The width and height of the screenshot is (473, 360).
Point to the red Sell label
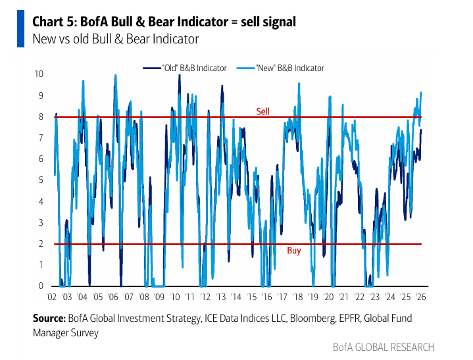pyautogui.click(x=262, y=111)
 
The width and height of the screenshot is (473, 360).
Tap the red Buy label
pyautogui.click(x=294, y=251)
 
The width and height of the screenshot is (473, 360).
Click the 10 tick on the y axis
pyautogui.click(x=39, y=74)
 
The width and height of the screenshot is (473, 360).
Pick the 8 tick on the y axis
pyautogui.click(x=41, y=116)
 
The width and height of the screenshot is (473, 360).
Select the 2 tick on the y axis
pyautogui.click(x=41, y=244)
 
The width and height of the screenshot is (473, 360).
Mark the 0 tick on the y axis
pyautogui.click(x=41, y=286)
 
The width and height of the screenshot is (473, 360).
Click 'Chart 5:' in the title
pyautogui.click(x=55, y=22)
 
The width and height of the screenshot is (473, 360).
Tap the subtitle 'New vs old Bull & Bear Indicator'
pyautogui.click(x=116, y=39)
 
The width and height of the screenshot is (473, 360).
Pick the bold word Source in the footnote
pyautogui.click(x=49, y=319)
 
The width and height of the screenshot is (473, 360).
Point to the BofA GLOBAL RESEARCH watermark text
pyautogui.click(x=383, y=347)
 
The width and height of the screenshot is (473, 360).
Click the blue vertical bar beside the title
pyautogui.click(x=21, y=30)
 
